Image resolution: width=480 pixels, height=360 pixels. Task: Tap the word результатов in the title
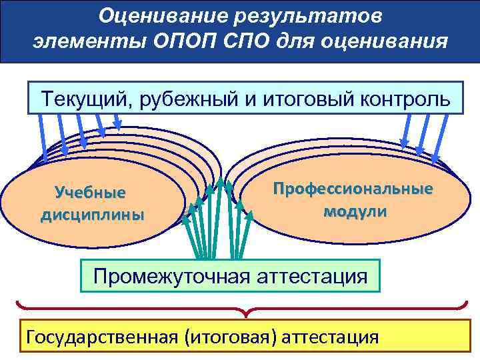click(x=321, y=14)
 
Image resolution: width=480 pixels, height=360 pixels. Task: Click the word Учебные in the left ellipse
click(x=91, y=193)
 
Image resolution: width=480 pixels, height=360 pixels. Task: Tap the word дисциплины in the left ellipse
click(x=92, y=215)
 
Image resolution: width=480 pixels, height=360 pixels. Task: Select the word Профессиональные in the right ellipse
click(x=353, y=189)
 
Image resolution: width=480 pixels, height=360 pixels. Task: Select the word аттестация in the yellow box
click(x=330, y=337)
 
